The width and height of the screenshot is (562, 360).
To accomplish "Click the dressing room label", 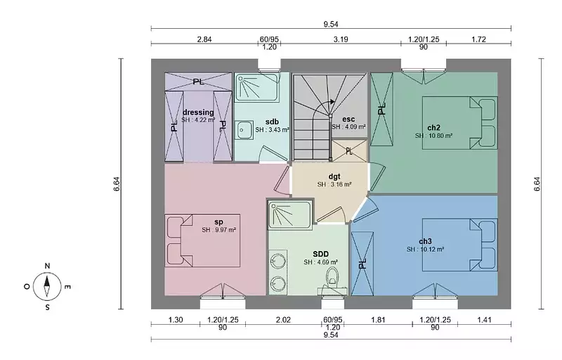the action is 198,112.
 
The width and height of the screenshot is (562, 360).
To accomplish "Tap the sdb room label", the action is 272,122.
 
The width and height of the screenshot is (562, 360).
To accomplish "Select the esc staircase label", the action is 348,119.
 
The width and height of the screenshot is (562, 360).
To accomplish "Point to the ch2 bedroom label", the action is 433,127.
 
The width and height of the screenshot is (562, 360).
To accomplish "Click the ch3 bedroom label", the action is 425,241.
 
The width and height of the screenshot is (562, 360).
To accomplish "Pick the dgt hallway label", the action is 334,176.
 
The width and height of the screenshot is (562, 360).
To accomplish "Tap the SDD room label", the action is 320,255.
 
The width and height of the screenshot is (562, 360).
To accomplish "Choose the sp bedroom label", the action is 218,222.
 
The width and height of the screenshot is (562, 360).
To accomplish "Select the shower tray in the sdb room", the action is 256,88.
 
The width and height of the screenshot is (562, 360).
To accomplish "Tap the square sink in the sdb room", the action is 244,130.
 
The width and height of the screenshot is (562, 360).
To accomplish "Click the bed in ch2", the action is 460,122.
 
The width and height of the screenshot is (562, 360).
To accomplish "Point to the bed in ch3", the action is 460,245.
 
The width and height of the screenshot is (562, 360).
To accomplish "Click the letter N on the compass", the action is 47,266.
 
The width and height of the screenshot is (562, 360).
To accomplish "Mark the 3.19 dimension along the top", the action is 341,39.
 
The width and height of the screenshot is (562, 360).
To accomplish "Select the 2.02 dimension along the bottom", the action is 283,319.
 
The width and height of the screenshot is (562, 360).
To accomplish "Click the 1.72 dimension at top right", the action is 478,39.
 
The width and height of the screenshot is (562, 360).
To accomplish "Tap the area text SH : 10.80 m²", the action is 433,136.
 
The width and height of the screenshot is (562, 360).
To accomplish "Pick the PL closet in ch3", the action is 362,264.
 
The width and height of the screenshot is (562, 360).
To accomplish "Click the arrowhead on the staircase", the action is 332,101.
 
